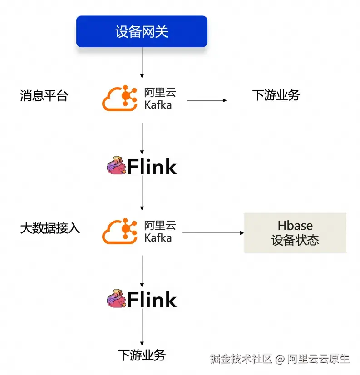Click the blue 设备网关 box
[x=142, y=31]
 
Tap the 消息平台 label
[x=44, y=96]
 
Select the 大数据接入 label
[x=50, y=228]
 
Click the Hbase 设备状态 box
[x=295, y=232]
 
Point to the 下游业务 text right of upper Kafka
[x=276, y=95]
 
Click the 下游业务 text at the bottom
[x=142, y=355]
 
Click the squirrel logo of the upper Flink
[x=116, y=166]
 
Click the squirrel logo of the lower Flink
[x=116, y=299]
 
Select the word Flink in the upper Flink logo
[x=152, y=167]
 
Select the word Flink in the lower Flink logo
[x=152, y=300]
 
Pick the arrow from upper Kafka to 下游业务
[x=207, y=100]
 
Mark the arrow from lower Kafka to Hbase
[x=212, y=233]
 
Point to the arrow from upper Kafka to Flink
[x=142, y=138]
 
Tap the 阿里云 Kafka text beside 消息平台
[x=159, y=99]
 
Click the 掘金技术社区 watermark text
[x=241, y=359]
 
